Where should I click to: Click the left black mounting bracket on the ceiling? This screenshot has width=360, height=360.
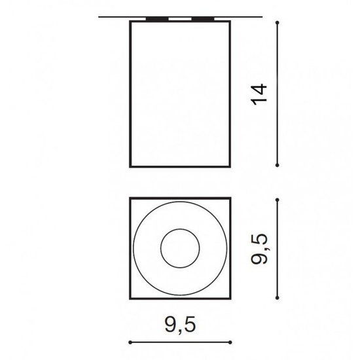pyautogui.click(x=157, y=19)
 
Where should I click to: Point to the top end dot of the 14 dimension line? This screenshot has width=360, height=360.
pyautogui.click(x=279, y=23)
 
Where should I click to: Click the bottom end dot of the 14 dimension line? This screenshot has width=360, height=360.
pyautogui.click(x=279, y=166)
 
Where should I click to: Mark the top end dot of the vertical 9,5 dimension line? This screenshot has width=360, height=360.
pyautogui.click(x=279, y=198)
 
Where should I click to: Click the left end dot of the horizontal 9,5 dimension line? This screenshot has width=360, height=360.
pyautogui.click(x=131, y=341)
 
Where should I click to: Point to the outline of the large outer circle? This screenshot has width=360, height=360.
pyautogui.click(x=134, y=249)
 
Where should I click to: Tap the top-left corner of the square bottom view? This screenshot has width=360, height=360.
pyautogui.click(x=130, y=197)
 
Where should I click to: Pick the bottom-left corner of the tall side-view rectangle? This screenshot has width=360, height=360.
pyautogui.click(x=130, y=168)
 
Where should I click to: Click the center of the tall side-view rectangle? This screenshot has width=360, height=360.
pyautogui.click(x=180, y=94)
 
